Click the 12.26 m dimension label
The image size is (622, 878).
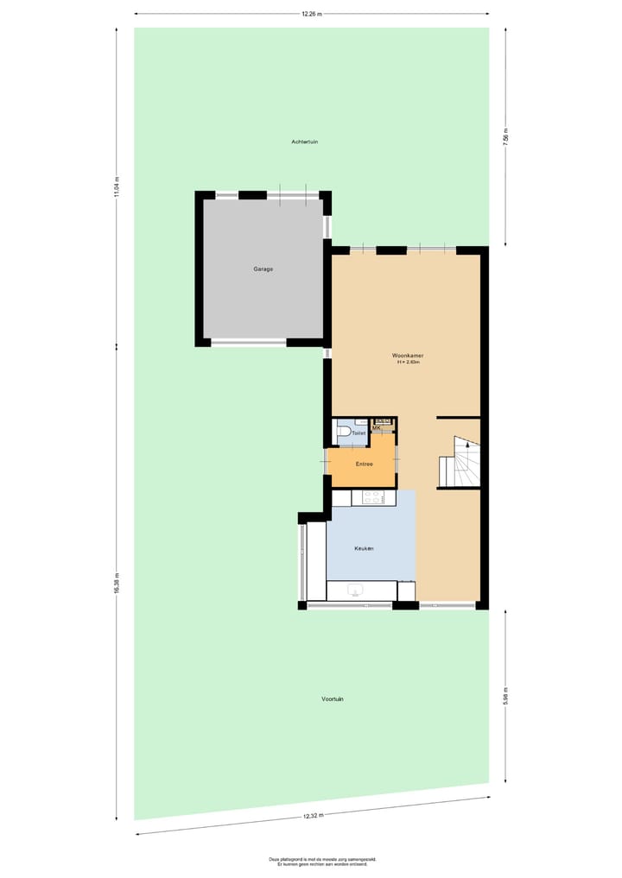[x=311, y=14]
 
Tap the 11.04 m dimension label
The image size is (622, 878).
[x=117, y=186]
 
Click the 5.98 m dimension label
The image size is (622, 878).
[x=505, y=695]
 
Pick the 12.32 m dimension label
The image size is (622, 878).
[x=313, y=816]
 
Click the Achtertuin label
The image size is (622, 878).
[x=305, y=142]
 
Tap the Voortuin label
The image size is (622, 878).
[x=333, y=698]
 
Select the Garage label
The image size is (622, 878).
[x=263, y=269]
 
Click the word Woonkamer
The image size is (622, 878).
[x=408, y=355]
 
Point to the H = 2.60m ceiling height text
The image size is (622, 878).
[x=408, y=363]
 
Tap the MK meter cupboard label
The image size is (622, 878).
[x=377, y=427]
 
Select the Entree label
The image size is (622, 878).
[x=364, y=464]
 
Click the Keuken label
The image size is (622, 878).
[x=364, y=549]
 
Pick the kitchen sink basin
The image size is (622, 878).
[x=354, y=591]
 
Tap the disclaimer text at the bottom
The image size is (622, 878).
[x=311, y=862]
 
